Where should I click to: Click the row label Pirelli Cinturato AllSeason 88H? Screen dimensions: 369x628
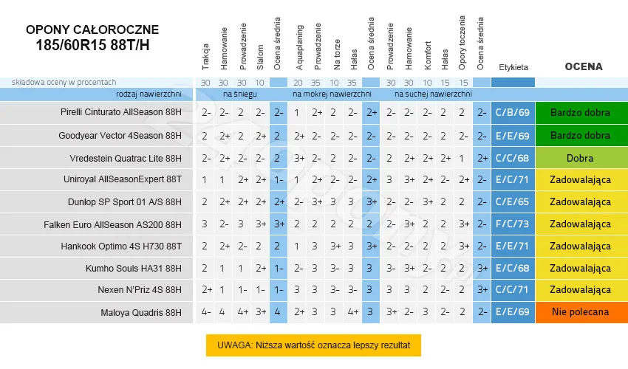121,113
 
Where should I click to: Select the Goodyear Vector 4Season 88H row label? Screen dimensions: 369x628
120,136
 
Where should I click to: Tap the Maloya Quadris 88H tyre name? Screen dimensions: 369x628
141,312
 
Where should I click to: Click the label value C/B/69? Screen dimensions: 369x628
513,113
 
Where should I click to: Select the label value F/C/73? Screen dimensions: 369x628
513,224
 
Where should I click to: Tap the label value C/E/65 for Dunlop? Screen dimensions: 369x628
513,201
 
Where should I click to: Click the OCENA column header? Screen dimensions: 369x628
583,66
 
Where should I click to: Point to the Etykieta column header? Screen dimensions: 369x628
513,67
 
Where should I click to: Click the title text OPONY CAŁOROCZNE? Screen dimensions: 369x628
92,30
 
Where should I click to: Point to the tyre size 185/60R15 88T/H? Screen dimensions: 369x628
92,45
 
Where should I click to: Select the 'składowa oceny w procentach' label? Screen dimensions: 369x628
59,82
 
